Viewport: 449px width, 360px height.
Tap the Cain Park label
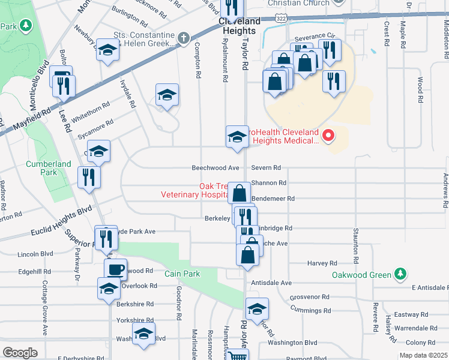(x=182, y=274)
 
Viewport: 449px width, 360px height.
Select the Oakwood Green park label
(x=361, y=275)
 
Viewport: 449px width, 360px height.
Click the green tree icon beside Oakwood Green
(x=398, y=275)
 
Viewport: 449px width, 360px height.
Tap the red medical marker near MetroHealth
(x=328, y=136)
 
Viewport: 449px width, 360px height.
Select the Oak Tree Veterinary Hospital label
(x=192, y=190)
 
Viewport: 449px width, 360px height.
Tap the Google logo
(x=20, y=353)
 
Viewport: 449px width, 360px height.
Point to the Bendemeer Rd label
(x=274, y=198)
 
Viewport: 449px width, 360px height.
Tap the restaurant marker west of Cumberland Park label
(x=89, y=177)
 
